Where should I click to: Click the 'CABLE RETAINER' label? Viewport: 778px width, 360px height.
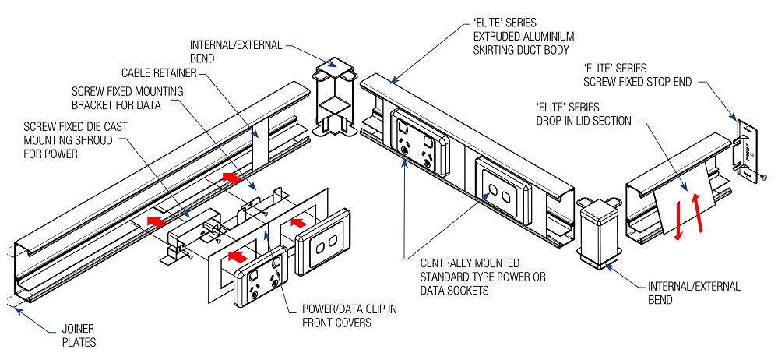pos(160,73)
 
